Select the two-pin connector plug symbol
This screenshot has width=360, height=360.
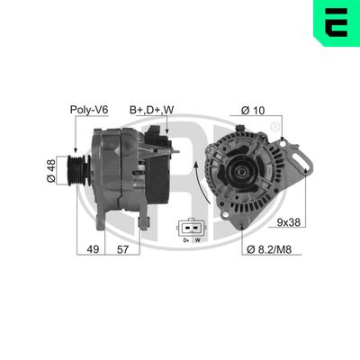point(190,227)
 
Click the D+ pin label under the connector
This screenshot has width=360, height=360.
point(184,240)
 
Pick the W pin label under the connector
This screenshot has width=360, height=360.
point(196,240)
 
